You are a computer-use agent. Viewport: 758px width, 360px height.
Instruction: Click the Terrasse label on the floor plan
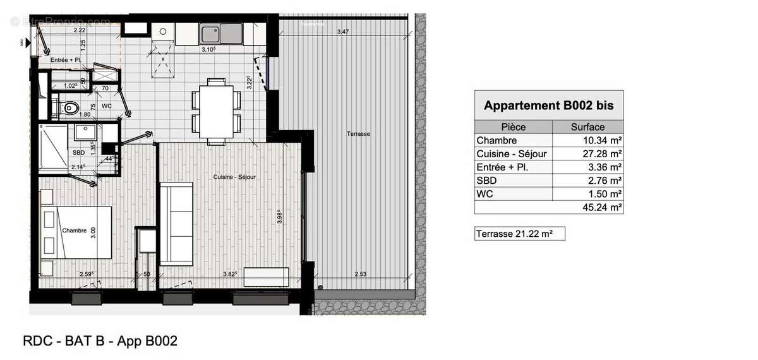point(358,134)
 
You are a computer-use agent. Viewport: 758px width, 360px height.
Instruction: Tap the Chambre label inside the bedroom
point(74,231)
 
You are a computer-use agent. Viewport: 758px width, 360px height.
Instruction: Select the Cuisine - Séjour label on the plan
point(234,177)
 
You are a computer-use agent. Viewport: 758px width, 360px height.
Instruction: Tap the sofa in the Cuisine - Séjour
point(176,224)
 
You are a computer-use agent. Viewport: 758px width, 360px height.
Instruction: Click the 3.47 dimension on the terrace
point(342,32)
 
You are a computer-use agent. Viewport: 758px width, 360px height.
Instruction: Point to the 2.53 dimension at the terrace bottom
point(361,274)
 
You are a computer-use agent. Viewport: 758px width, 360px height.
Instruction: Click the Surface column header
point(587,126)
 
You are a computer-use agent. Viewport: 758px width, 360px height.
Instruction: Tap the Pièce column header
point(513,126)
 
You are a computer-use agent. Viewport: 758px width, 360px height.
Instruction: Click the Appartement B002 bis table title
point(548,105)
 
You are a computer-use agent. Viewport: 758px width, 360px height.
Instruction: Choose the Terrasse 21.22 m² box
point(519,234)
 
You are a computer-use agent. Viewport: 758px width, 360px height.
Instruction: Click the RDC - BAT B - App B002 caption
point(100,342)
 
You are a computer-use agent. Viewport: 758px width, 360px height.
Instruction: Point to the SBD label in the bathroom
point(78,153)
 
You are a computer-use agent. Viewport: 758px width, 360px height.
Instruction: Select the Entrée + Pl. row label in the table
point(503,167)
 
